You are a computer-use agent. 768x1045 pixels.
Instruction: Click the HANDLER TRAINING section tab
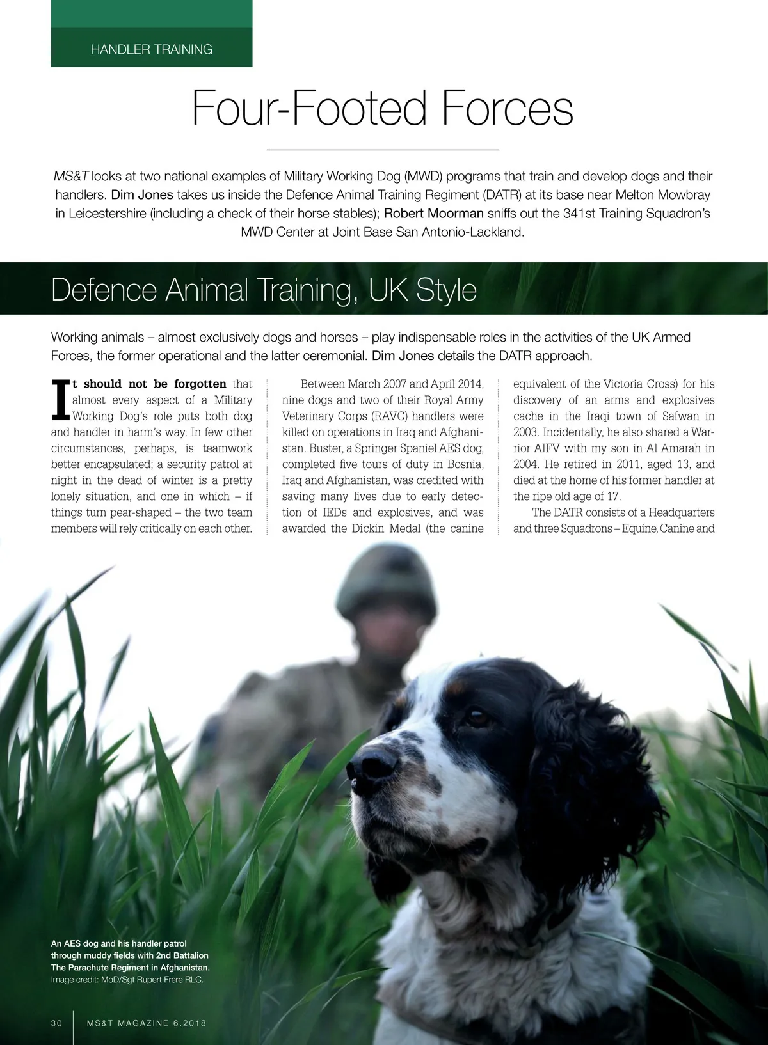[x=152, y=49]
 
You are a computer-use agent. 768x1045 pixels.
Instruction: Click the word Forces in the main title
[x=507, y=108]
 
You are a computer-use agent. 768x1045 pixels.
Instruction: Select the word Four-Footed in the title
[x=310, y=108]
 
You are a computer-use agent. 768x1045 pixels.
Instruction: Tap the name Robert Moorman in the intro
[x=433, y=213]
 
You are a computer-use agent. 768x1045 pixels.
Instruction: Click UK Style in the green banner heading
[x=422, y=290]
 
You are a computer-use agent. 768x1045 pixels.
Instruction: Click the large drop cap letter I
[x=60, y=400]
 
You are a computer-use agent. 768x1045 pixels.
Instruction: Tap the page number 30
[x=57, y=1023]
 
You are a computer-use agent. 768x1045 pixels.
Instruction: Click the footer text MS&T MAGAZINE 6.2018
[x=147, y=1023]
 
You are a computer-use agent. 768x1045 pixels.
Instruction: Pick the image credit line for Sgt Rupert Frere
[x=127, y=979]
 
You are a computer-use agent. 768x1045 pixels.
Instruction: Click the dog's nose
[x=372, y=764]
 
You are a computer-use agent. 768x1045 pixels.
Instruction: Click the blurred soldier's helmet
[x=388, y=585]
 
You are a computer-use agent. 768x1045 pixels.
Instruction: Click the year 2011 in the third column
[x=630, y=464]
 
